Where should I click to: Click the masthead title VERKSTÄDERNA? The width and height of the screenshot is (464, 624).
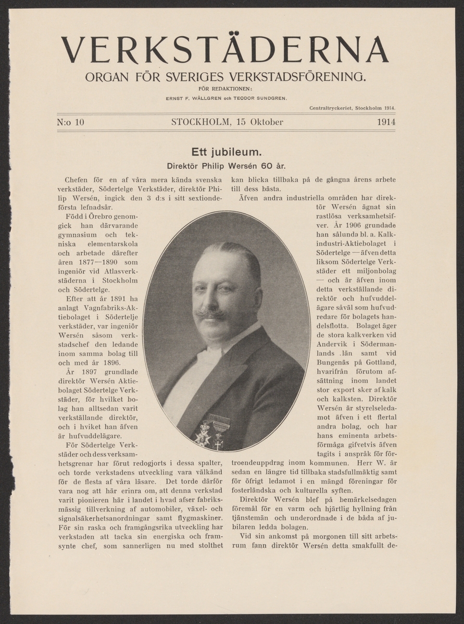coord(225,50)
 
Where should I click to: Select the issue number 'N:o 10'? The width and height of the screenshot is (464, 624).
coord(70,123)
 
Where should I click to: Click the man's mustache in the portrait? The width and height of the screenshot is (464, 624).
coord(211,314)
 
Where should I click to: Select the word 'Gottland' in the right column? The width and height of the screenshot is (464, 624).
coord(382,362)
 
